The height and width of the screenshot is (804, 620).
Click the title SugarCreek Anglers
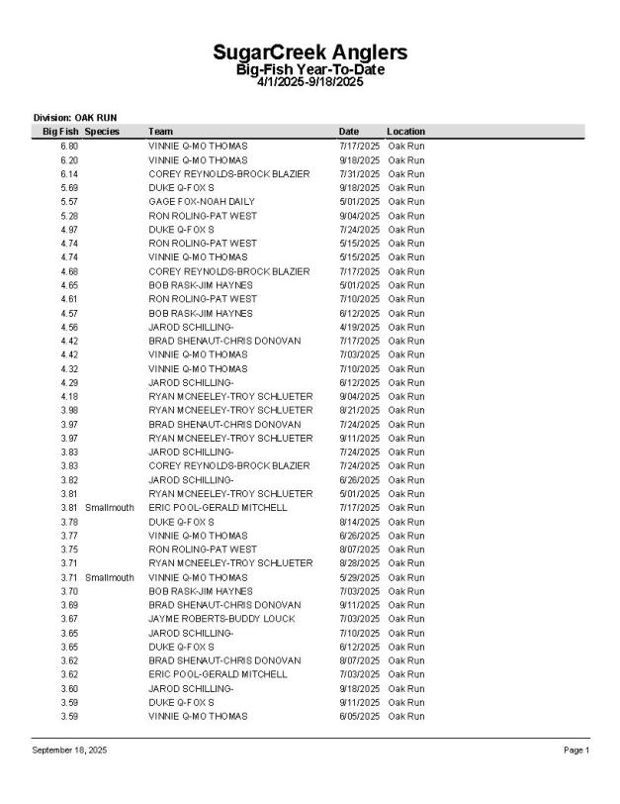tap(310, 52)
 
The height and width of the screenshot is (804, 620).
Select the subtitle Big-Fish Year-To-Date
tap(310, 69)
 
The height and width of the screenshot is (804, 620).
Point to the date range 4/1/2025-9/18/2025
tap(310, 82)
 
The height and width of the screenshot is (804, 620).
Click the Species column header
tap(103, 131)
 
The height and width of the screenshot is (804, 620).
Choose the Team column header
tap(160, 131)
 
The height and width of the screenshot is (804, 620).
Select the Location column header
tap(405, 131)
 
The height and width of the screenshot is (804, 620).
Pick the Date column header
tap(348, 131)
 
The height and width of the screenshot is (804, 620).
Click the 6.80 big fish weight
tap(69, 146)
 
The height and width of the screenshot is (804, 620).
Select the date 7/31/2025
tap(359, 173)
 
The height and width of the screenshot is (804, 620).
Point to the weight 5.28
tap(69, 215)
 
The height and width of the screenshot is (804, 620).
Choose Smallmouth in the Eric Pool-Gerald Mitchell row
tap(109, 508)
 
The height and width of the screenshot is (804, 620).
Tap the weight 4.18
tap(69, 396)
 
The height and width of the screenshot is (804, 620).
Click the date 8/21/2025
tap(359, 410)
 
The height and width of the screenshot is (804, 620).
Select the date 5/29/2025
tap(359, 577)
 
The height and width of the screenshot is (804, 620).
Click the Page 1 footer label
tap(576, 751)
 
